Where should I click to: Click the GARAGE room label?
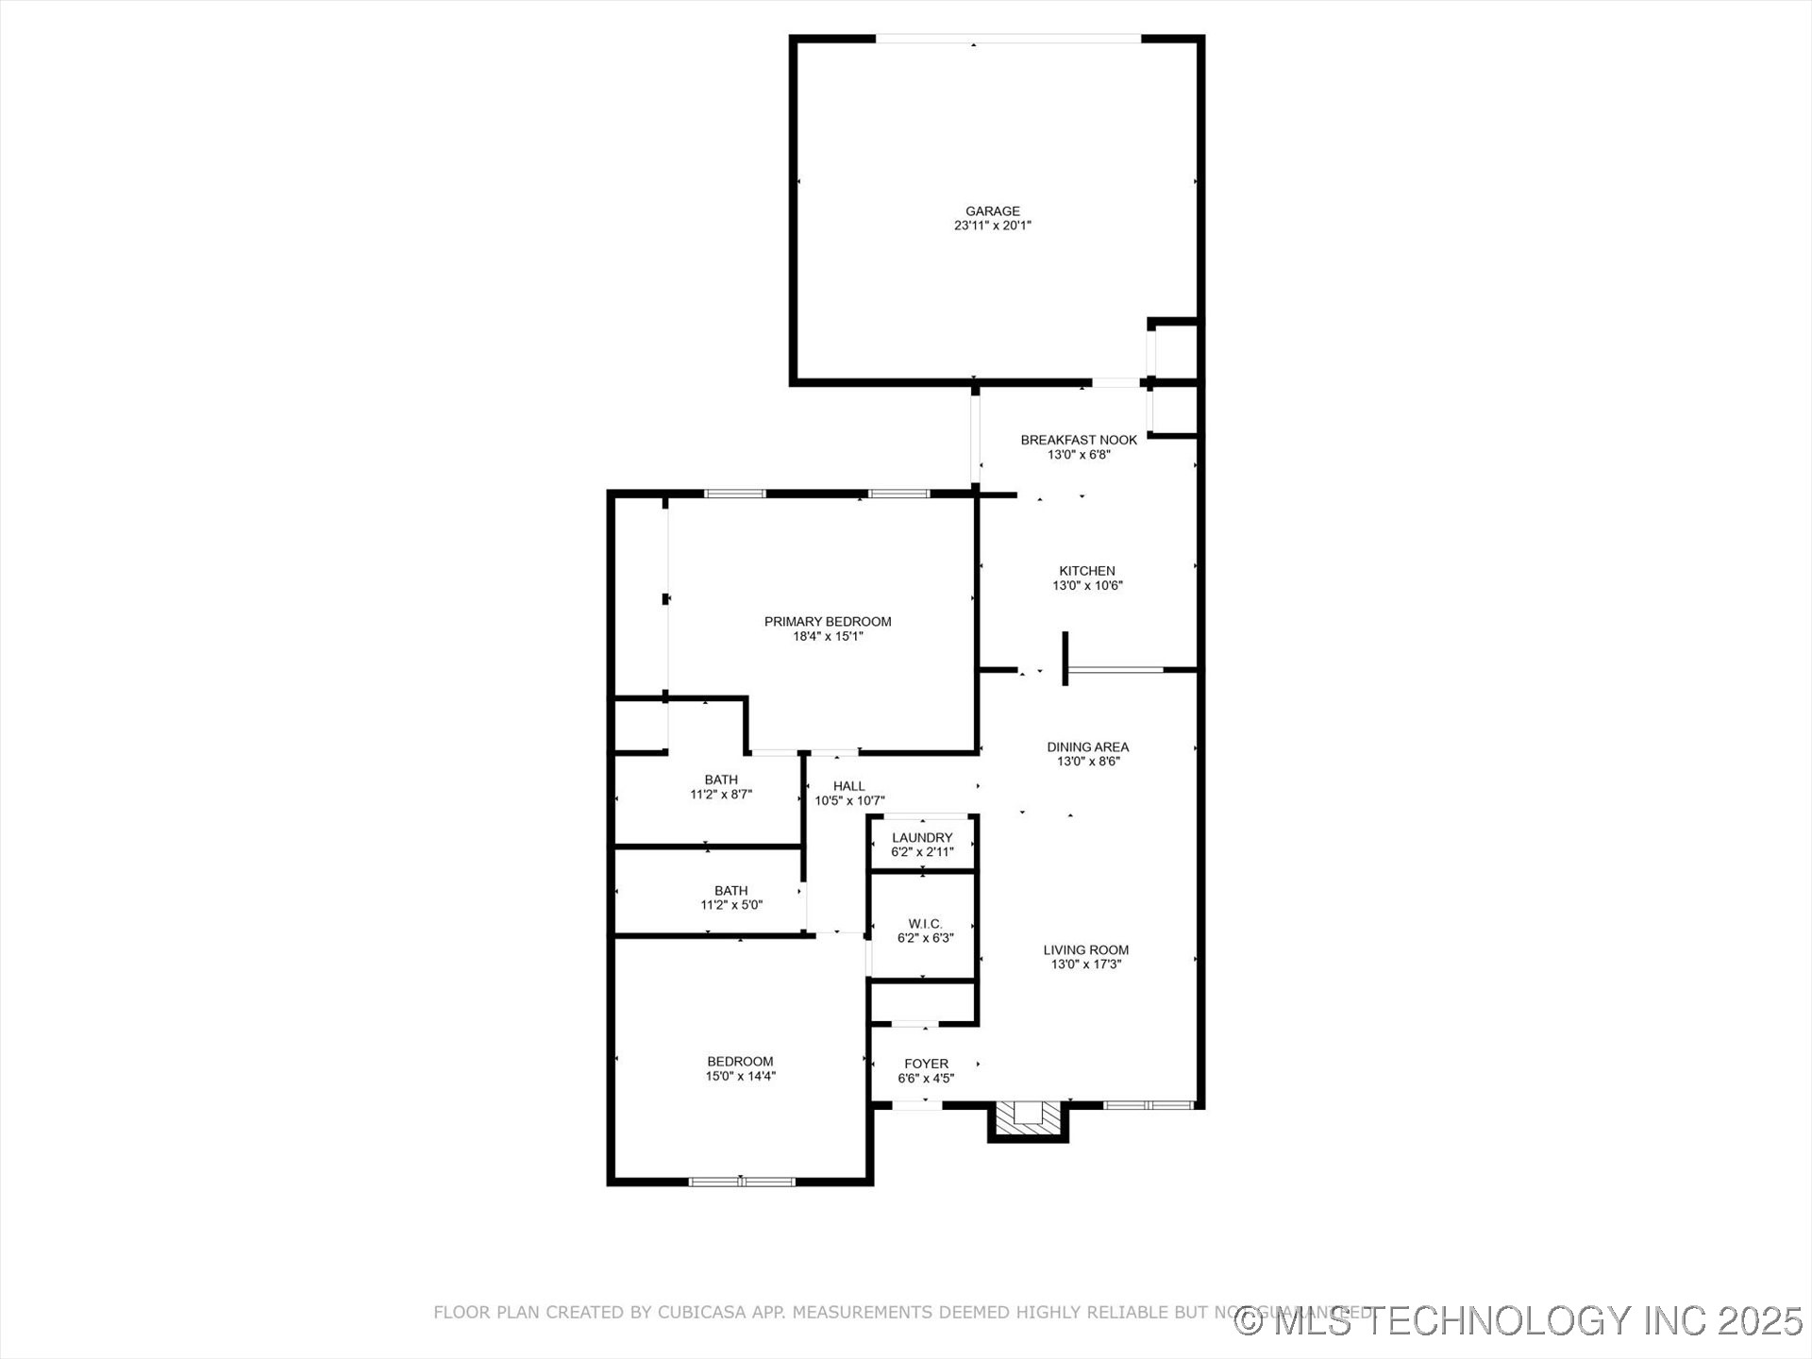click(992, 211)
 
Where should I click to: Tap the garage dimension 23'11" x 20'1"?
click(992, 226)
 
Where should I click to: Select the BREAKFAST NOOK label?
click(1079, 440)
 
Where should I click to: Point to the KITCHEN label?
click(1087, 571)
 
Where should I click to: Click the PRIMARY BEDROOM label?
click(828, 622)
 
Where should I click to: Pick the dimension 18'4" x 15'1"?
click(828, 637)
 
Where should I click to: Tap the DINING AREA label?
click(1087, 747)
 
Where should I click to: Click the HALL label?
click(849, 786)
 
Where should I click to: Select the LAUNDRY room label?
click(922, 838)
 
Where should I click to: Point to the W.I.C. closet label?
click(925, 924)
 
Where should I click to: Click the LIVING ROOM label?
click(1086, 950)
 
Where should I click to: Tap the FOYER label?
click(926, 1064)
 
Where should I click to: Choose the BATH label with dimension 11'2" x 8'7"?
click(721, 780)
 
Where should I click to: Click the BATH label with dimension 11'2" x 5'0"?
click(730, 891)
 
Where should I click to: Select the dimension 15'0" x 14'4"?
click(741, 1076)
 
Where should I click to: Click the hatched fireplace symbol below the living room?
click(1028, 1119)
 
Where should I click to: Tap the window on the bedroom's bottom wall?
click(742, 1181)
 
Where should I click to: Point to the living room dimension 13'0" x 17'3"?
click(1086, 965)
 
